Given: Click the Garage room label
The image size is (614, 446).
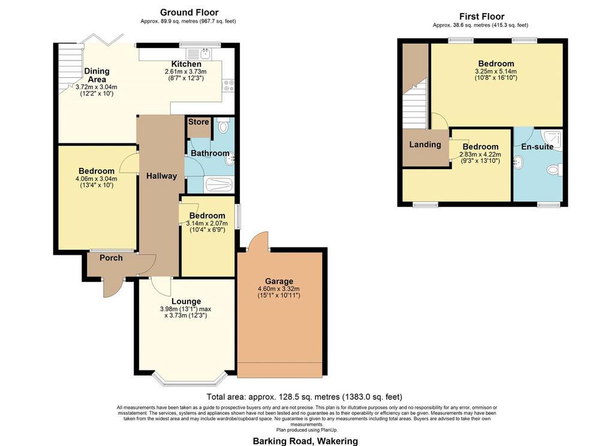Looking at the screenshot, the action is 279,281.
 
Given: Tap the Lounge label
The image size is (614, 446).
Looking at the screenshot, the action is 186,302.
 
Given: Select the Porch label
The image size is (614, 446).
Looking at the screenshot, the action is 111,258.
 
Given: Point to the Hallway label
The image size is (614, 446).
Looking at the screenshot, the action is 161,176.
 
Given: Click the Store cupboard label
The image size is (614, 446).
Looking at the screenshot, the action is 198,122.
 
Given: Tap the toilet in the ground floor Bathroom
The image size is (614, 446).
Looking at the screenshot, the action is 224,125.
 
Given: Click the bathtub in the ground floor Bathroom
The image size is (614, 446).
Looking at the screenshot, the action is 219,185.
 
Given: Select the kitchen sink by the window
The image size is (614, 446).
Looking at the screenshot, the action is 199,53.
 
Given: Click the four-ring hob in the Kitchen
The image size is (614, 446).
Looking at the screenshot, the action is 228,86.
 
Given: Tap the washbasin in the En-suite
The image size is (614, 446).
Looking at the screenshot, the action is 518,162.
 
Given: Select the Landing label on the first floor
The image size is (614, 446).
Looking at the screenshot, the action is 425,144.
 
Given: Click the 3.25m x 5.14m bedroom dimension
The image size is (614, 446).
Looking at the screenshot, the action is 496,71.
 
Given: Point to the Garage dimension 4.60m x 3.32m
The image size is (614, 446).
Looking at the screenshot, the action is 279,289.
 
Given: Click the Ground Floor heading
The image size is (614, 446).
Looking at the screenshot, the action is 189,13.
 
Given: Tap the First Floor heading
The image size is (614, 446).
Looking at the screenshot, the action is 481,16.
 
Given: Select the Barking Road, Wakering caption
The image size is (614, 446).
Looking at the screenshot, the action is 305,441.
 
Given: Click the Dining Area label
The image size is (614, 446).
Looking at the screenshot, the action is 97,75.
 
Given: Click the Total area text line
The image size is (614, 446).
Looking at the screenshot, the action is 304,397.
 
